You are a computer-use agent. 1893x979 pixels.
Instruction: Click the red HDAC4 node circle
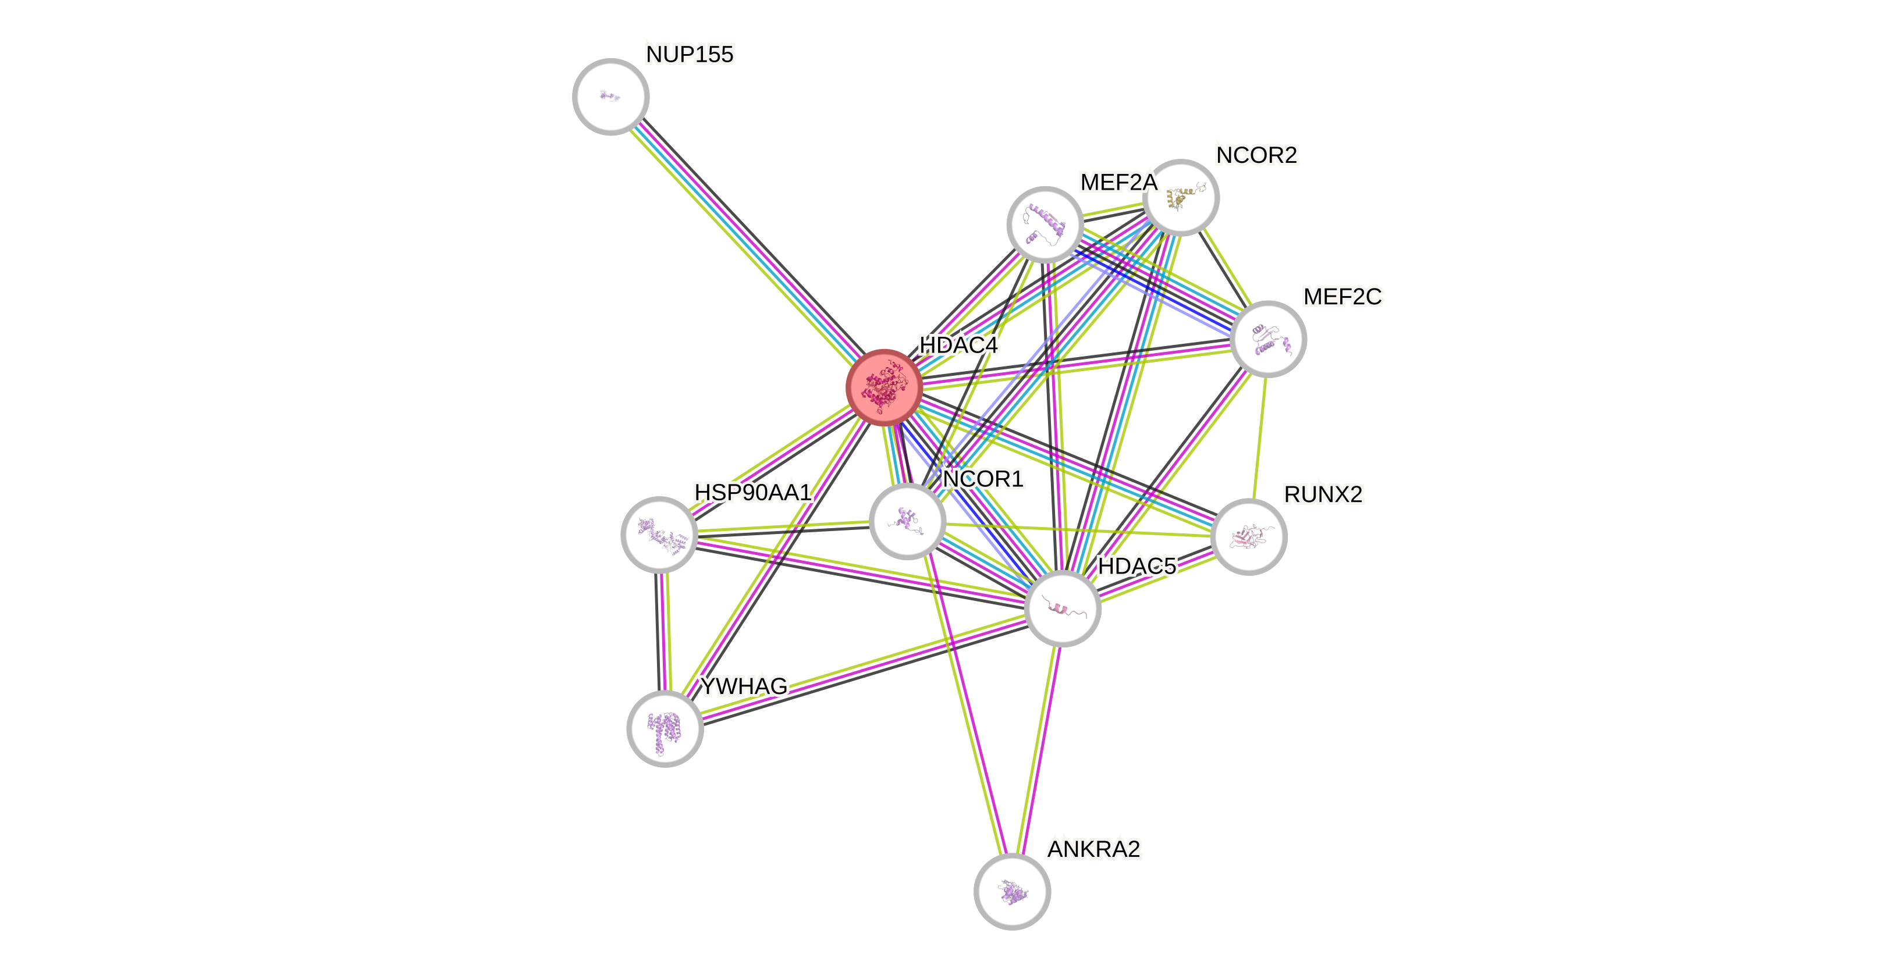(883, 387)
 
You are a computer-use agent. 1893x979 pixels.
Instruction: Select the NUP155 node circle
(610, 96)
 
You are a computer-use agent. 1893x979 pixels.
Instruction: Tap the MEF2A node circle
(1044, 224)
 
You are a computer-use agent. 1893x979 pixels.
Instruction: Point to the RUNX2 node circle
(1249, 536)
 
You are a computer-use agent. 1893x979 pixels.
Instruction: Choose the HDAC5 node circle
(1062, 608)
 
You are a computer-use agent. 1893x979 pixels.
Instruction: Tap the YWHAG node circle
(665, 728)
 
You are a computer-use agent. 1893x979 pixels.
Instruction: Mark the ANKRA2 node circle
(1012, 891)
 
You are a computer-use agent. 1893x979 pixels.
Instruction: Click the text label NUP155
(690, 54)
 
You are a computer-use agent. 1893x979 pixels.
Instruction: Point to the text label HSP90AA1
(752, 492)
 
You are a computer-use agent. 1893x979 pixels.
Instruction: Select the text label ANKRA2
(1093, 849)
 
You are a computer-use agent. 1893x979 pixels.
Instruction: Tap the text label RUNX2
(1323, 494)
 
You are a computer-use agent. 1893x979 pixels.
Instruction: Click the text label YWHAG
(744, 686)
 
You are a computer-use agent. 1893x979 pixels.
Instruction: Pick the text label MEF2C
(1342, 297)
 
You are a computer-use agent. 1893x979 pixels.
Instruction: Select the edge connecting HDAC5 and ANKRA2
(1037, 749)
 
